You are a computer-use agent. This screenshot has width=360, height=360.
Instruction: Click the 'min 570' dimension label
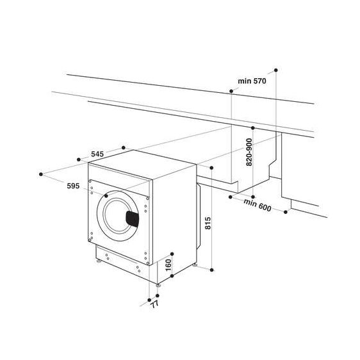(x=252, y=81)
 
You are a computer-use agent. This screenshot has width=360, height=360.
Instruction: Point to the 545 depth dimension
(x=97, y=154)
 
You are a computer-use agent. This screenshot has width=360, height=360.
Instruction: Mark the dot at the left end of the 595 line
(x=41, y=173)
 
